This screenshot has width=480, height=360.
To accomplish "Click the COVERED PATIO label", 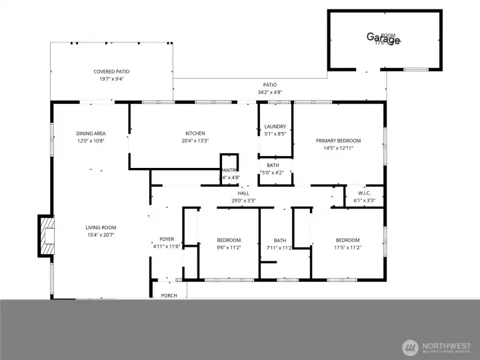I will pos(111,71).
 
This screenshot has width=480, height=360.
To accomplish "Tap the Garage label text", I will pos(383,37).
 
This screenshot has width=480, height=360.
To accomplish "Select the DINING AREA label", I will pos(91,133).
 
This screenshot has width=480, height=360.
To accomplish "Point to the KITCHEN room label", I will pos(195,133).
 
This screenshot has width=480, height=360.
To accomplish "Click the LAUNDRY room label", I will pos(275,127).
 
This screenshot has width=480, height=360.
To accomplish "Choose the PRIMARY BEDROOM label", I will pos(338,141).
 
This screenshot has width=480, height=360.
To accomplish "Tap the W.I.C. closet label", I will pos(364,193).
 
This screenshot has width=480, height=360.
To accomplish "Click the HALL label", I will pos(243,193).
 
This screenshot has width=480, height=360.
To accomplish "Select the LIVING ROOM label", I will pos(101,227).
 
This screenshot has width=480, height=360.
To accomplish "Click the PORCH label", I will pos(169,295).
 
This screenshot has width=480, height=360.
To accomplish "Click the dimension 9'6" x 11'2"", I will pos(229,247).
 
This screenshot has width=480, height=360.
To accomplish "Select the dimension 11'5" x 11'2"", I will pos(347,247).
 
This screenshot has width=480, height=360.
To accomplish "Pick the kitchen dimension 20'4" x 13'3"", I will pos(195,141).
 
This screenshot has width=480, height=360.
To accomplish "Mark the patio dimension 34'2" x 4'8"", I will pos(269,92).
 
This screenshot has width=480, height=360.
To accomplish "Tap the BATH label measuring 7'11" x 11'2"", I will pos(279,240).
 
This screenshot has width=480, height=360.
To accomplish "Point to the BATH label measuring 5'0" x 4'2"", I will pos(273,165).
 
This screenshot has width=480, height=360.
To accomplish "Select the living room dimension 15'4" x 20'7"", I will pos(101,235).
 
